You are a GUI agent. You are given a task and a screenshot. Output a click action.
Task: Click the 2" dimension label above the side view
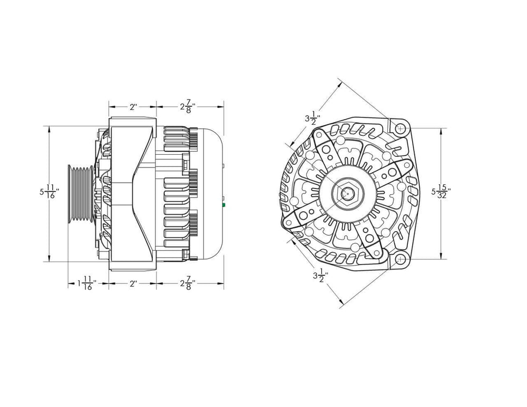133,107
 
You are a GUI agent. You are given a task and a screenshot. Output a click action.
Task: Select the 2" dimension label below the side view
133,284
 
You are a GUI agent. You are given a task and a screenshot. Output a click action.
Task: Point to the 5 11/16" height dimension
48,192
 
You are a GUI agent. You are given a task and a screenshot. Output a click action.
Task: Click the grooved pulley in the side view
79,193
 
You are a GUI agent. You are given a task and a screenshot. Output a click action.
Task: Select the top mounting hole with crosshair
401,128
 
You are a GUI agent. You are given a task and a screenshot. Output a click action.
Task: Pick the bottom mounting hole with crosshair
401,259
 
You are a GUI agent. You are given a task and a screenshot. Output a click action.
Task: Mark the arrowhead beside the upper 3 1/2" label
290,144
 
